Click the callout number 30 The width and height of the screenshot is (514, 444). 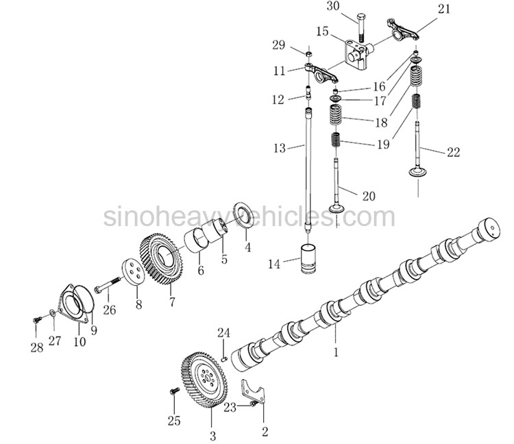[x=332, y=6]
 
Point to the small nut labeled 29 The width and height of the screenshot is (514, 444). [x=308, y=53]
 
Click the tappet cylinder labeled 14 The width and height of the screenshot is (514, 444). [x=308, y=258]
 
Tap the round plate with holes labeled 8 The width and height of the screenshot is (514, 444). [x=134, y=272]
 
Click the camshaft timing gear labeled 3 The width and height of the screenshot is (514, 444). [x=204, y=380]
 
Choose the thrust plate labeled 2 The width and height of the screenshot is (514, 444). [x=253, y=391]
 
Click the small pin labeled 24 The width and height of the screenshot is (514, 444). [x=225, y=359]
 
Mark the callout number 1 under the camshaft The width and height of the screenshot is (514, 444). [x=336, y=352]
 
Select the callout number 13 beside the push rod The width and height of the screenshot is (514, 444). [x=280, y=148]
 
